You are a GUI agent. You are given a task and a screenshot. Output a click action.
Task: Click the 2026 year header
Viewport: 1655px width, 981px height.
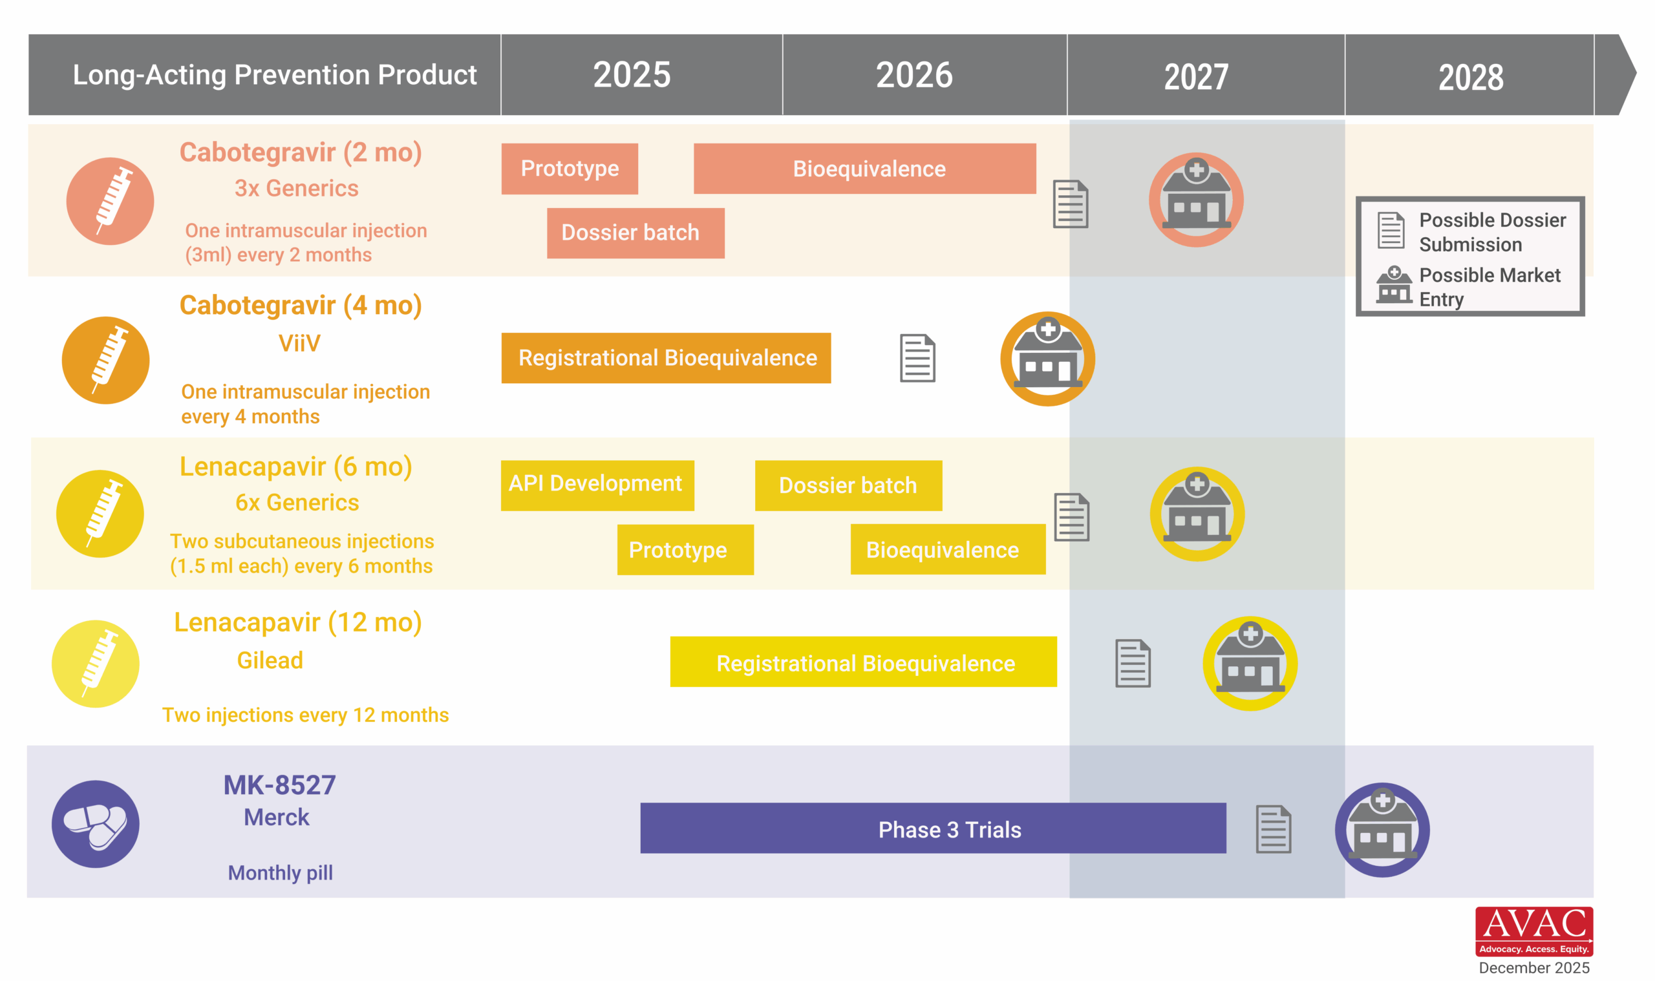point(913,76)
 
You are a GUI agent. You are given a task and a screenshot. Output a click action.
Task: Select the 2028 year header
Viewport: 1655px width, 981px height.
point(1471,78)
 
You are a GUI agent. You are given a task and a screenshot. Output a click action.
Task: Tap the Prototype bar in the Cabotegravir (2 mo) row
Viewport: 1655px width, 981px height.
point(570,169)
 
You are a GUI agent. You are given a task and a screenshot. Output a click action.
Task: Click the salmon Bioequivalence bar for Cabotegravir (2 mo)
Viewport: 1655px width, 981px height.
point(864,169)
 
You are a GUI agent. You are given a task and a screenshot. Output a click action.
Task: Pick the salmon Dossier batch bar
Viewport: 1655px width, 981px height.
point(635,233)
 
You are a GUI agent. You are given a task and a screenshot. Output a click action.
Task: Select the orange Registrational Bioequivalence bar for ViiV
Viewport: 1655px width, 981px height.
point(666,357)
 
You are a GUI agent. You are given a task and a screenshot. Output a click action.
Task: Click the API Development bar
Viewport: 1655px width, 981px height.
point(597,485)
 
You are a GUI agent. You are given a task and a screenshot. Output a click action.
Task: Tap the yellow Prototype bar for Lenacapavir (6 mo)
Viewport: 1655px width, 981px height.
point(685,549)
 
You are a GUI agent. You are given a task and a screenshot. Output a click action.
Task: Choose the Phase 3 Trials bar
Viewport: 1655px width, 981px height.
point(932,828)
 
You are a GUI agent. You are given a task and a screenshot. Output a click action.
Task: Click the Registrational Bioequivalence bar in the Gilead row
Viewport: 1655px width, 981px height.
point(863,662)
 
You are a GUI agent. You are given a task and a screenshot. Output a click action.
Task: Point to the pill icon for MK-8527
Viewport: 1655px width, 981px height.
point(95,824)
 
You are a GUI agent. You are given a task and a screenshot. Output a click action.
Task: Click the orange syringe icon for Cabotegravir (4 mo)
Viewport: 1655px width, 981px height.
point(106,360)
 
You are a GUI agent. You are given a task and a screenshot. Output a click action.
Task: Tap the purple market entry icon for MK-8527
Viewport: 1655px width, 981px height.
point(1382,830)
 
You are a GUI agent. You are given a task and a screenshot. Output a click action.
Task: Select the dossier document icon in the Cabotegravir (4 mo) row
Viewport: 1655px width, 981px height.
point(917,357)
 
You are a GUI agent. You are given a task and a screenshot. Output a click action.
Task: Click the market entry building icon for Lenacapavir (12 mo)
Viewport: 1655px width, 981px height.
point(1250,663)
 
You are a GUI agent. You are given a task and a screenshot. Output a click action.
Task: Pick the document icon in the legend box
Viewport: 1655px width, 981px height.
point(1391,230)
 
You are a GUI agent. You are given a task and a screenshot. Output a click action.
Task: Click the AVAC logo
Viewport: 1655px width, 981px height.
point(1533,931)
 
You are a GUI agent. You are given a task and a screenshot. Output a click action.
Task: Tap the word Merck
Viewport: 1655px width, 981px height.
point(277,817)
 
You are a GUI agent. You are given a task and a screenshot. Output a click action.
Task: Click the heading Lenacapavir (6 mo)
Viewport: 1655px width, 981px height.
point(295,467)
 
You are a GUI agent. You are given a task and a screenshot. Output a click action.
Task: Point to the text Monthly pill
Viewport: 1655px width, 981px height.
point(281,872)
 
